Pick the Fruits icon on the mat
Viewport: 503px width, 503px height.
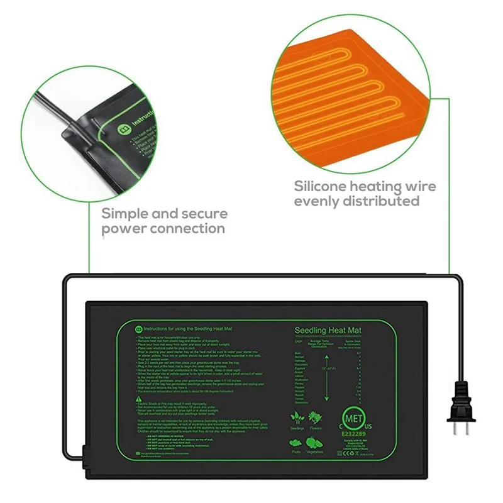(x=296, y=441)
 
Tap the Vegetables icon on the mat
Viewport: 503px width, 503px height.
(x=316, y=441)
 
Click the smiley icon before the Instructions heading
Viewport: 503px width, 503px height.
(x=139, y=328)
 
